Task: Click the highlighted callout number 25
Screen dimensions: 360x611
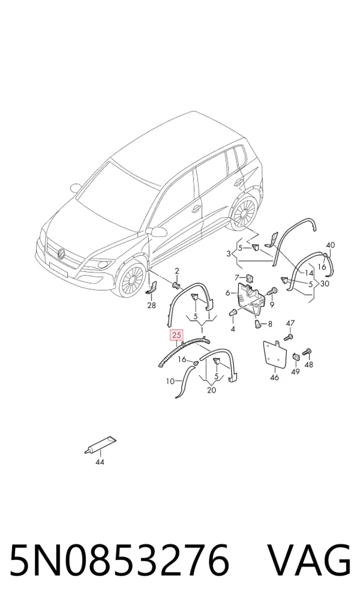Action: pos(176,335)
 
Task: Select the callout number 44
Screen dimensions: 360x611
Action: pos(100,462)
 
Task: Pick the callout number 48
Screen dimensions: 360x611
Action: pos(309,365)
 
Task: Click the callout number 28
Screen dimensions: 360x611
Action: pos(152,305)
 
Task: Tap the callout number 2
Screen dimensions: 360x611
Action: pos(177,271)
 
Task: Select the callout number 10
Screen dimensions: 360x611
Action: pos(170,382)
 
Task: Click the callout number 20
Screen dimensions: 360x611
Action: pos(212,390)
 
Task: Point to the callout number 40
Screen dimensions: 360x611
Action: pos(331,245)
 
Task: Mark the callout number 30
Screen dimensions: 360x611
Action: pos(325,284)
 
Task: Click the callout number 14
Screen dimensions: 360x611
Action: pos(309,272)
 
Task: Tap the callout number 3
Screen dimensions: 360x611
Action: pos(229,254)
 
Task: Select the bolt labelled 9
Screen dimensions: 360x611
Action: pos(271,292)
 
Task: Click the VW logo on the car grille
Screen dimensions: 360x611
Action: pos(62,254)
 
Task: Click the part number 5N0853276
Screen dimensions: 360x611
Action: pos(119,560)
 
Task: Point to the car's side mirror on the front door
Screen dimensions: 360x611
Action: pos(158,232)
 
